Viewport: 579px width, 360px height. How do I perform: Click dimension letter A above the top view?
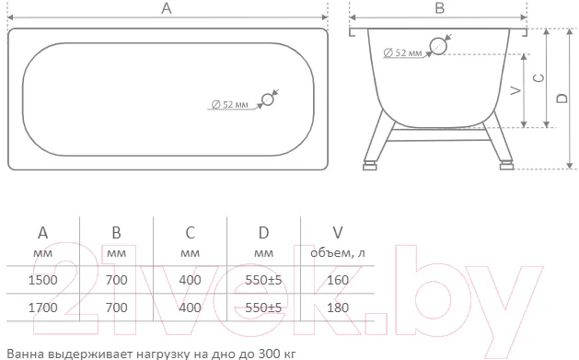click(167, 7)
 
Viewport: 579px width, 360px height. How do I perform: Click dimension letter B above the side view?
click(439, 7)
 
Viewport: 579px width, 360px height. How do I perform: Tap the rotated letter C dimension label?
click(539, 78)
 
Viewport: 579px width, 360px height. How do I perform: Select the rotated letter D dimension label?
click(562, 98)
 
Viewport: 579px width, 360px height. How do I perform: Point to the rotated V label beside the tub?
click(516, 90)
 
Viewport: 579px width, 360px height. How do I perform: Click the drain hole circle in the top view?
click(267, 99)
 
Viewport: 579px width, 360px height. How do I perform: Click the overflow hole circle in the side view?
click(438, 46)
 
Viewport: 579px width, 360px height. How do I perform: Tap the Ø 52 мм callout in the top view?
click(230, 104)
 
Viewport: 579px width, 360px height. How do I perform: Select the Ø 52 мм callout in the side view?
click(402, 53)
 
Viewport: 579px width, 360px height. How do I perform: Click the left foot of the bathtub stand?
click(370, 166)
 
